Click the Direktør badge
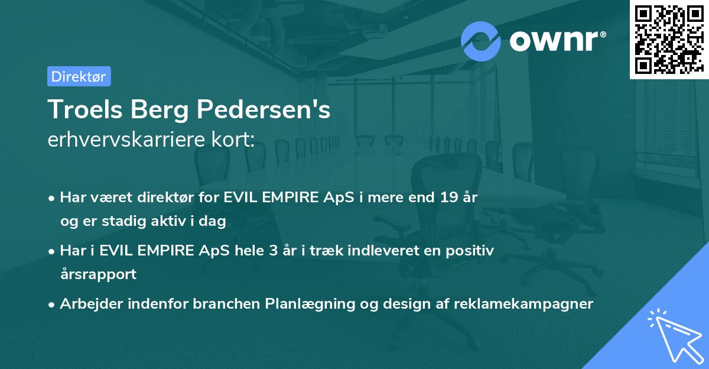79,76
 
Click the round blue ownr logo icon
481,40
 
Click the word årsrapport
98,274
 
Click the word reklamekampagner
523,304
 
